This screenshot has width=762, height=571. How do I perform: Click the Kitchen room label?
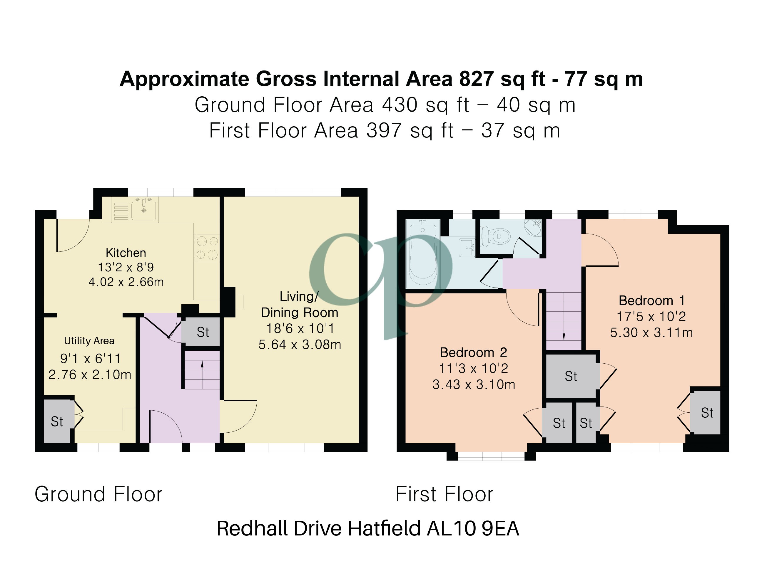click(x=126, y=253)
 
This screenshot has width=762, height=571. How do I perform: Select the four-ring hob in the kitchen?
click(x=206, y=248)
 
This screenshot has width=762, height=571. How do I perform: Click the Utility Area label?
click(x=89, y=341)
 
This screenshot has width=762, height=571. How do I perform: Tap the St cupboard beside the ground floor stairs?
click(x=203, y=332)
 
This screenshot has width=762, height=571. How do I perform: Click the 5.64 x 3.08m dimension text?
click(x=300, y=345)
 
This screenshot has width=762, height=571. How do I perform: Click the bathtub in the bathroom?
click(x=423, y=254)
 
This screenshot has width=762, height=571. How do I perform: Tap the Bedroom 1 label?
click(x=651, y=301)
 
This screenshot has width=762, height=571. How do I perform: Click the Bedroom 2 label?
click(x=473, y=352)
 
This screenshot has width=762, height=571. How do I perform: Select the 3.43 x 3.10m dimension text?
click(x=474, y=384)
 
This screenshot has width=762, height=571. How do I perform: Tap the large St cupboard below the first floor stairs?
click(x=571, y=376)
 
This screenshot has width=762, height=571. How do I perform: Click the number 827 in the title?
click(x=477, y=79)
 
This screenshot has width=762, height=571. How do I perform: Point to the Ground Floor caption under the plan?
click(x=98, y=494)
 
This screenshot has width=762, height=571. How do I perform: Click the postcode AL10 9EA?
click(x=473, y=529)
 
